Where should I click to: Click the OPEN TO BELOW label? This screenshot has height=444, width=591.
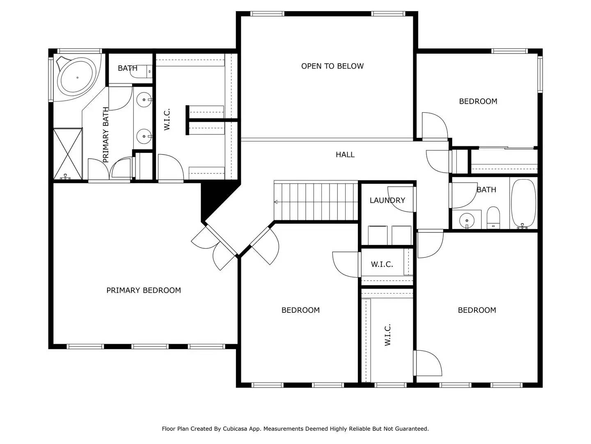point(332,66)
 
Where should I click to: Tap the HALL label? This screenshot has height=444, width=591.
point(345,155)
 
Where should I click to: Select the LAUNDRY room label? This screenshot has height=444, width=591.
point(387,200)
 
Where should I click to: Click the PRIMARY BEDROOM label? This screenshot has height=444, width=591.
point(144,290)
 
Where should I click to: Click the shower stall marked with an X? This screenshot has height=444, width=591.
point(68,154)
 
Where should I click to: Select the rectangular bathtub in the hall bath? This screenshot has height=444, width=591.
point(523,204)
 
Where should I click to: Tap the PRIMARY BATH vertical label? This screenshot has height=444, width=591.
point(106,135)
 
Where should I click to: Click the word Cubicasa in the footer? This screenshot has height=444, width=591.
point(234,429)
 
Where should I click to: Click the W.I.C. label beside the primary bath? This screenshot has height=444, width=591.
point(167,119)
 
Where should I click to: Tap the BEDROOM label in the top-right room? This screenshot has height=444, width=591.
point(478,102)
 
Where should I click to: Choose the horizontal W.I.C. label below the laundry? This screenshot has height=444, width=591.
point(382,264)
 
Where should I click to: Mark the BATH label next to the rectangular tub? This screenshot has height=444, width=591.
point(486,190)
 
